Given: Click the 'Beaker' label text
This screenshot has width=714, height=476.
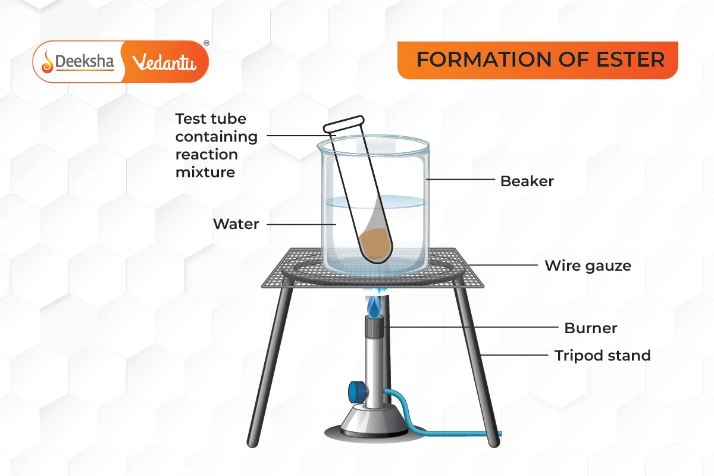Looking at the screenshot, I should [x=527, y=181].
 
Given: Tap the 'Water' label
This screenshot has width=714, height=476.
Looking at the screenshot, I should [x=236, y=224].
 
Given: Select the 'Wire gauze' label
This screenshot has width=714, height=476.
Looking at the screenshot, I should [x=588, y=265].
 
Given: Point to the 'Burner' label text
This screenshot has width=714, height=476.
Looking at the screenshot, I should [x=590, y=328].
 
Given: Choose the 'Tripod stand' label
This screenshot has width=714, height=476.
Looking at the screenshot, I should [x=602, y=356].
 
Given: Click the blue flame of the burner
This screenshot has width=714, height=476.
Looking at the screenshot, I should [x=374, y=307].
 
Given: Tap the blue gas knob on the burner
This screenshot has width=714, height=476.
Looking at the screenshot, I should [x=355, y=392].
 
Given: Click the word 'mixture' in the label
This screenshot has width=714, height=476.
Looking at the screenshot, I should [x=205, y=173].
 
